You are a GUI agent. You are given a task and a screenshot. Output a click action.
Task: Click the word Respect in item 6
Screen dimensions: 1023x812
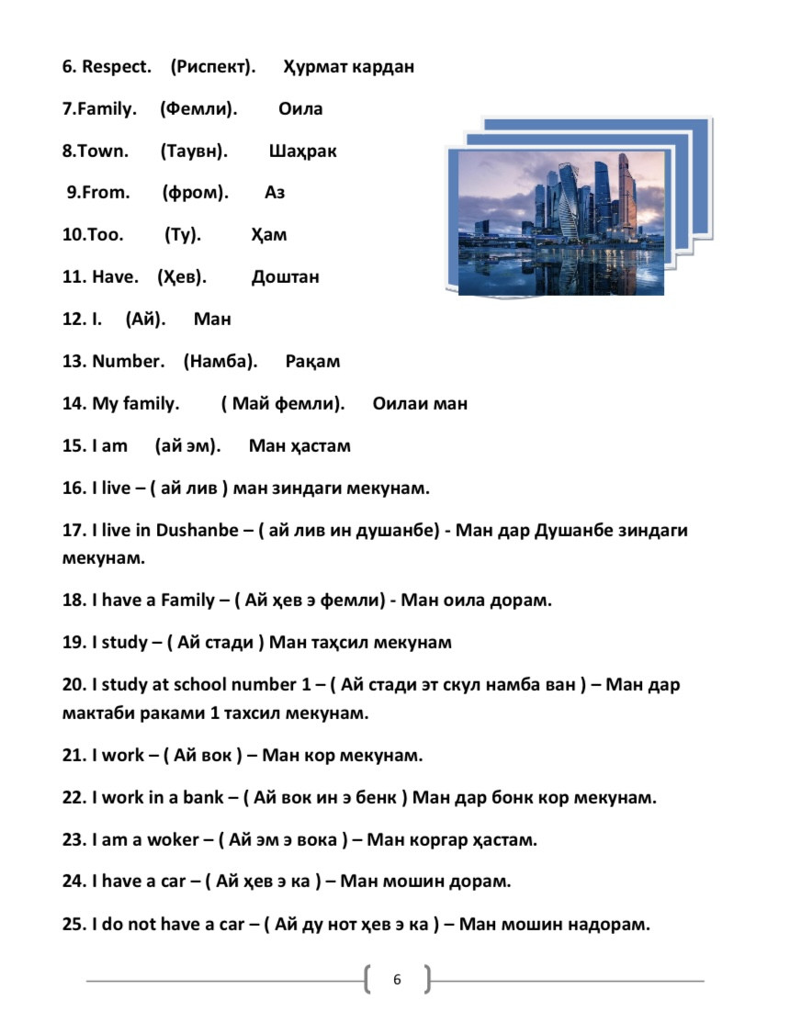117,67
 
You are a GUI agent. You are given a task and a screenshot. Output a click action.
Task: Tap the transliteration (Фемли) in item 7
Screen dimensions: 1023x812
198,109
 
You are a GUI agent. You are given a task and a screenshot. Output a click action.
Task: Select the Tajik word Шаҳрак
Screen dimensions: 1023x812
302,152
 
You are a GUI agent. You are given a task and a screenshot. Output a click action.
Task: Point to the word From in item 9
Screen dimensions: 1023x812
106,193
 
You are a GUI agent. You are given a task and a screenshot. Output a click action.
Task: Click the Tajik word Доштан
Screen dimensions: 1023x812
285,277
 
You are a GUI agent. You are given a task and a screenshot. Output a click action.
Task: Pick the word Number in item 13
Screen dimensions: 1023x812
128,362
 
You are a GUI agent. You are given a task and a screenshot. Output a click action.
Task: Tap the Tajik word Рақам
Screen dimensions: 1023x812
312,362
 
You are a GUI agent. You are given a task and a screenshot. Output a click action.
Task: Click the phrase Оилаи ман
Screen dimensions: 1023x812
420,404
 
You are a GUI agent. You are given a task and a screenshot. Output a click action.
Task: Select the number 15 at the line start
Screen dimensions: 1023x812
73,446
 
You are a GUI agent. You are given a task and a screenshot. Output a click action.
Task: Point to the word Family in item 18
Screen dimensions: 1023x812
187,601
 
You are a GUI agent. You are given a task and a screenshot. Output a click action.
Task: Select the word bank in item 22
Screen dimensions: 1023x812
203,797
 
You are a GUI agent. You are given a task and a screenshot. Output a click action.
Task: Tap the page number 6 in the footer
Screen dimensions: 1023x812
397,980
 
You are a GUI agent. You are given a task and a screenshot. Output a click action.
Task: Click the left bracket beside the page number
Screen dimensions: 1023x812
367,980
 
